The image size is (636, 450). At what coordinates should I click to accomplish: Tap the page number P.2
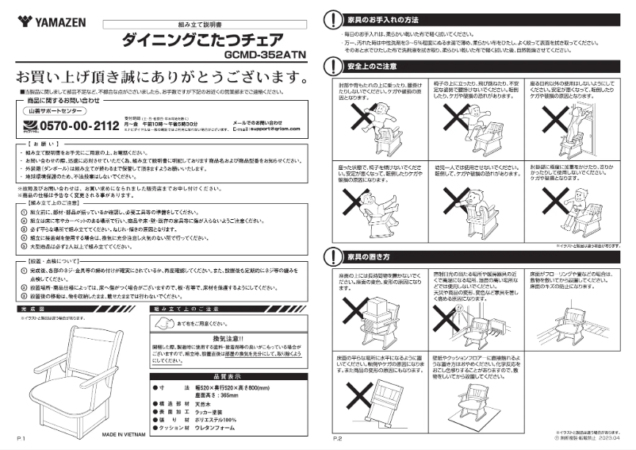[336, 438]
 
